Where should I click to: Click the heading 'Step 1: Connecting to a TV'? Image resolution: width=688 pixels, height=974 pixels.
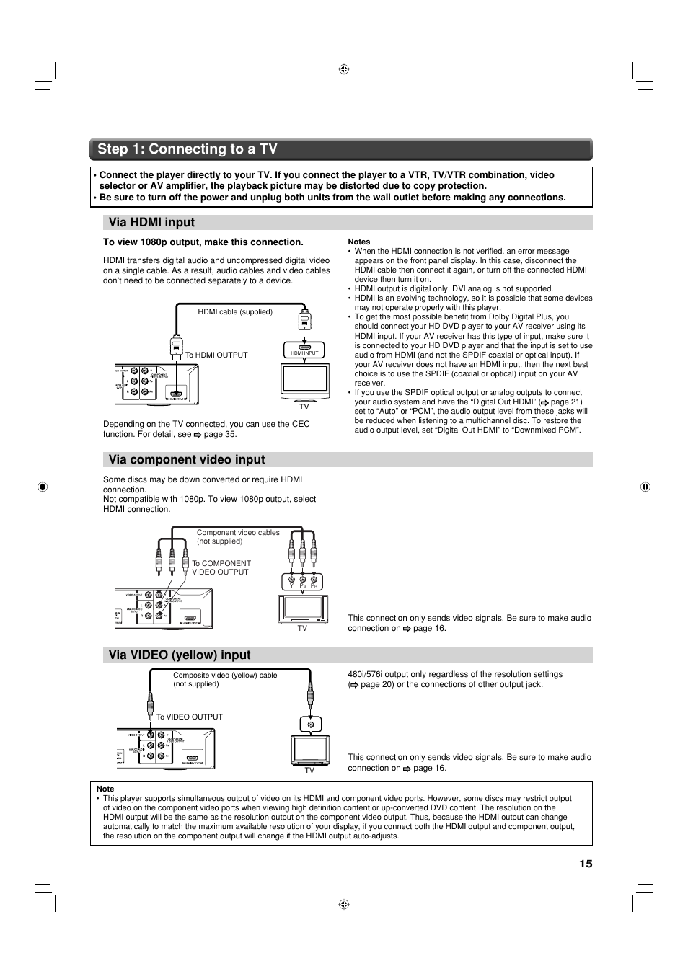pyautogui.click(x=188, y=149)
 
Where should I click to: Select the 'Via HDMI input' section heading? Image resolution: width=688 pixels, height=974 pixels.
pyautogui.click(x=151, y=223)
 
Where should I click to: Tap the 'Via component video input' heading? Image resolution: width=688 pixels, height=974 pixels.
pyautogui.click(x=187, y=460)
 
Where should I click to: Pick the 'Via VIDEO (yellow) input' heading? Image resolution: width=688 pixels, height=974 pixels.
pyautogui.click(x=180, y=655)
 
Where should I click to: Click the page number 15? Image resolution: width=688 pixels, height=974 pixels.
pyautogui.click(x=585, y=864)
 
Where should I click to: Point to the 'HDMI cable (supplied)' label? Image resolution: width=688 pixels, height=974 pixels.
pyautogui.click(x=235, y=312)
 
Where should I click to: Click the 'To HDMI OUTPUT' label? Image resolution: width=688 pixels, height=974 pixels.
pyautogui.click(x=216, y=355)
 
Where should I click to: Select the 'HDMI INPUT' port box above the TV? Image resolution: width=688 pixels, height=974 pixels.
pyautogui.click(x=304, y=350)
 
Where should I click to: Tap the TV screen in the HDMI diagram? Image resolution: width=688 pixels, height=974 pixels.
pyautogui.click(x=304, y=379)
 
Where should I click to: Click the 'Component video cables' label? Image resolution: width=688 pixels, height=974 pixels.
pyautogui.click(x=238, y=536)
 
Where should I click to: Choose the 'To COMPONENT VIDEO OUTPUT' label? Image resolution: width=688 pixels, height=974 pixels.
pyautogui.click(x=221, y=568)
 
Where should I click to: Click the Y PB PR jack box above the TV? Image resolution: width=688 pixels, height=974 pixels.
pyautogui.click(x=302, y=581)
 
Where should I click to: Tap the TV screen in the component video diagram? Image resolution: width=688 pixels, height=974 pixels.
pyautogui.click(x=303, y=608)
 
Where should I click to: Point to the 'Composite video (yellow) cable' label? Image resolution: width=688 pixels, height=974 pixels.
pyautogui.click(x=225, y=679)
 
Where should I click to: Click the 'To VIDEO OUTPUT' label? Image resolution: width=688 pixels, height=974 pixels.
pyautogui.click(x=190, y=717)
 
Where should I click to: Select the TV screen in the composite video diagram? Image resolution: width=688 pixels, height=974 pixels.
pyautogui.click(x=310, y=750)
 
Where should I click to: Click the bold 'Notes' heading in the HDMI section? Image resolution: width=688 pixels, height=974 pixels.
pyautogui.click(x=358, y=242)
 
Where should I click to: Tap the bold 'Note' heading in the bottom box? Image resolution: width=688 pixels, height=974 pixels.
pyautogui.click(x=105, y=789)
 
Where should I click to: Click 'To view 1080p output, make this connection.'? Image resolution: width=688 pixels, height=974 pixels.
pyautogui.click(x=203, y=242)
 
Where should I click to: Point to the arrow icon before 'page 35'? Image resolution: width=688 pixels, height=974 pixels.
pyautogui.click(x=197, y=435)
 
